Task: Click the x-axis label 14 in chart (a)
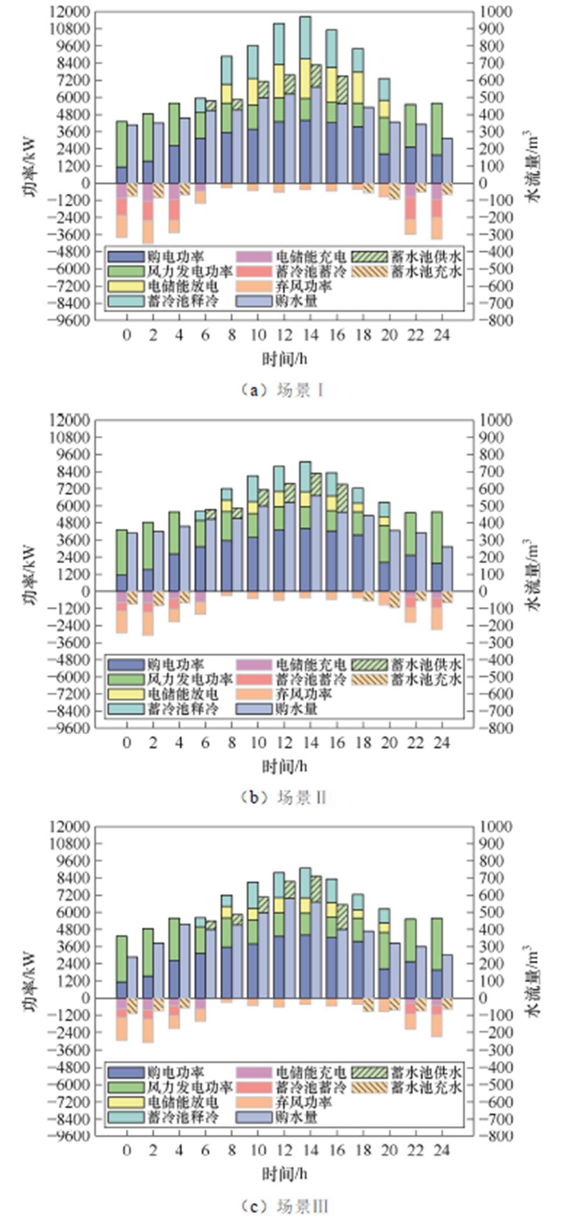click(310, 336)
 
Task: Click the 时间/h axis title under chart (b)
click(284, 767)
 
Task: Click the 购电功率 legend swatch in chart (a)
click(126, 257)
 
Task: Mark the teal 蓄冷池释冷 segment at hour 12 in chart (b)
click(279, 479)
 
